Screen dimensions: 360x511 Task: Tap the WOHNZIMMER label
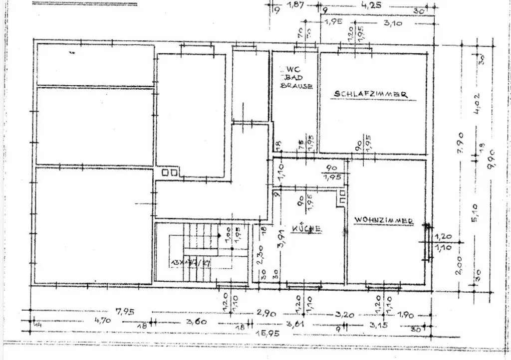click(x=384, y=220)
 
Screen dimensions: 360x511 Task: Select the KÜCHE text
click(x=306, y=228)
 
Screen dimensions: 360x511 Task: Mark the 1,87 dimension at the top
click(x=296, y=6)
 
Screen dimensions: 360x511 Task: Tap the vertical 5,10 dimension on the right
click(x=474, y=213)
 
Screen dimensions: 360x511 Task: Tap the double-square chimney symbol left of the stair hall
click(x=169, y=173)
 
